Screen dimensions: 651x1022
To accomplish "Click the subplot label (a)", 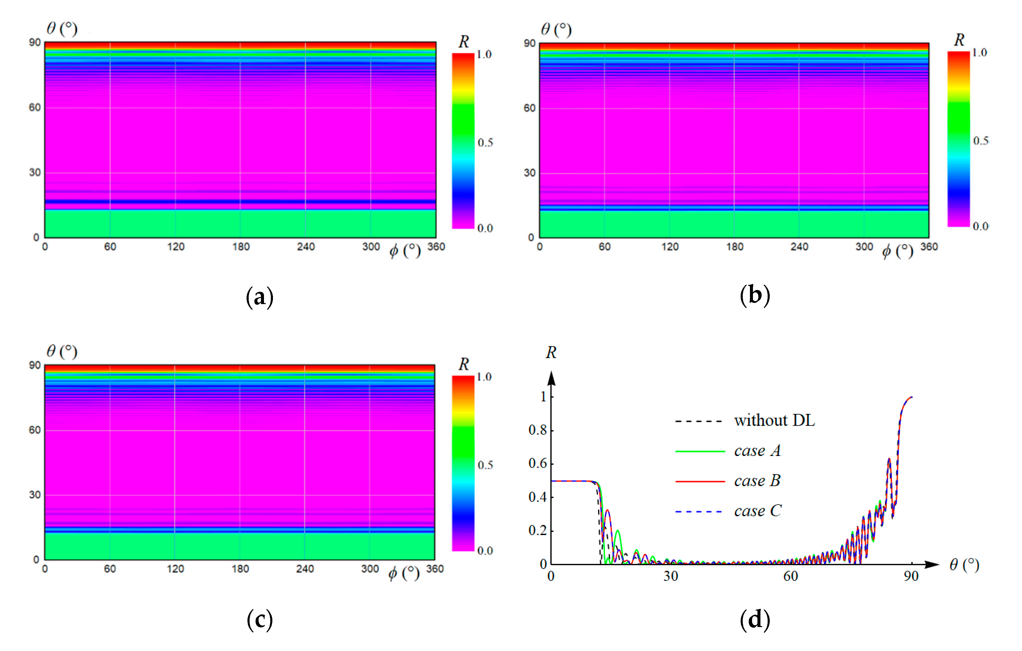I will [x=259, y=297].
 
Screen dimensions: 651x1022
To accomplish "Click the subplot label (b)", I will [x=755, y=295].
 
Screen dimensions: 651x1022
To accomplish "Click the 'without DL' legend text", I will [x=774, y=421].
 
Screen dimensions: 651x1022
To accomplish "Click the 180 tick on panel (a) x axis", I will [x=241, y=247].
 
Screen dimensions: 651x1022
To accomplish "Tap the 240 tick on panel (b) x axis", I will [x=799, y=247].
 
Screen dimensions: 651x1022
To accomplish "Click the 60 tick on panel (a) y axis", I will [x=35, y=107].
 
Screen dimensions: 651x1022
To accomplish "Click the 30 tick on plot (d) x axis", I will [x=671, y=576].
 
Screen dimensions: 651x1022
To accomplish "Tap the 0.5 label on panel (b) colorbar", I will [x=980, y=141].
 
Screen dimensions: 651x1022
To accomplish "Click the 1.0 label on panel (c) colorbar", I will [x=484, y=377].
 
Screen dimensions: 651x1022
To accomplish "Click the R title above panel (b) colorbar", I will [x=959, y=40].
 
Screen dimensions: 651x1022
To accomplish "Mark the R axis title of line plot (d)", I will [x=551, y=353].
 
